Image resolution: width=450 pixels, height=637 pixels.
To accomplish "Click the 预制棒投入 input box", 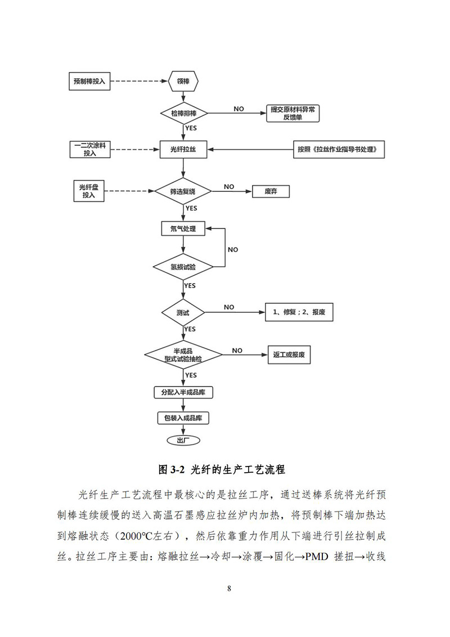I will [x=89, y=81].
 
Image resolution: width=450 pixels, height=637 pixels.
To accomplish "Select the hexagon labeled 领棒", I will [x=183, y=81].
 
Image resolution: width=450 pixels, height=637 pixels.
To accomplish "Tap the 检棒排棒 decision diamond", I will [x=183, y=113].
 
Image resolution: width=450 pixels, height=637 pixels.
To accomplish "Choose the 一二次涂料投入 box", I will [x=89, y=149].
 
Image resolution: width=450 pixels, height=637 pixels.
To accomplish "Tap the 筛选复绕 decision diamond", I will [x=183, y=192].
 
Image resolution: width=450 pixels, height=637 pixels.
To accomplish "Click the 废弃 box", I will [x=271, y=192].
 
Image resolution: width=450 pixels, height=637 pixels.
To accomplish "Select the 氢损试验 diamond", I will [x=183, y=267].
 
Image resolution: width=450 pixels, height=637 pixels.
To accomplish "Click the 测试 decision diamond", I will [x=183, y=312].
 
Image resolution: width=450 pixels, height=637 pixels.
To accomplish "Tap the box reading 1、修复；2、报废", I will [x=299, y=312].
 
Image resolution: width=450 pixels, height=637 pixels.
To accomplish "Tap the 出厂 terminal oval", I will [x=183, y=440].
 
